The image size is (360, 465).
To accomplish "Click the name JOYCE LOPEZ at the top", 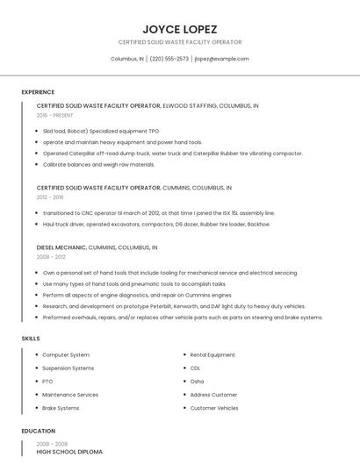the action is point(180,28).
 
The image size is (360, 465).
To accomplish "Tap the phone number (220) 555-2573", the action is point(169,59).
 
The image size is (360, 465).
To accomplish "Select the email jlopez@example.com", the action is point(221,59).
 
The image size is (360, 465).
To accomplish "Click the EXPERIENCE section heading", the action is point(38,92).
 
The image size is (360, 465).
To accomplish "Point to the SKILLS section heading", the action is point(30,338).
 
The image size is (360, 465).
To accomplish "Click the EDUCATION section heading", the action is point(38,431).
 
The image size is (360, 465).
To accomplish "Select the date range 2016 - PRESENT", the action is point(55,115).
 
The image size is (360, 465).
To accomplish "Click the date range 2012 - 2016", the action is point(50,197).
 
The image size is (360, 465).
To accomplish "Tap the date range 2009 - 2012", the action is point(50,257).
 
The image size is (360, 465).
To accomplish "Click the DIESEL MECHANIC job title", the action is point(61,247).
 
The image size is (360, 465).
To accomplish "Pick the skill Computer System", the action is point(66,354).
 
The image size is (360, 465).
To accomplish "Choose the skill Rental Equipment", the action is point(212,354).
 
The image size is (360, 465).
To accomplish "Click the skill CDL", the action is point(195,368).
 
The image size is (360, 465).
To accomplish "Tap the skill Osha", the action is point(197,382).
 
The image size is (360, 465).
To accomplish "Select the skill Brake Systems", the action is point(61,408).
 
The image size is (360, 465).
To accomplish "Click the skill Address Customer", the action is point(213,395).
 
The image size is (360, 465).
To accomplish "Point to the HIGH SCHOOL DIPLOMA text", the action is point(69,452).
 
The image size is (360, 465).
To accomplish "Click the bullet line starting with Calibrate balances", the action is point(98,164).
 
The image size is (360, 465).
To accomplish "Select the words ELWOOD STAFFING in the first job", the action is point(189,105).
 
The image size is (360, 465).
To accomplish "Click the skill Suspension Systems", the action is point(68,368).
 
